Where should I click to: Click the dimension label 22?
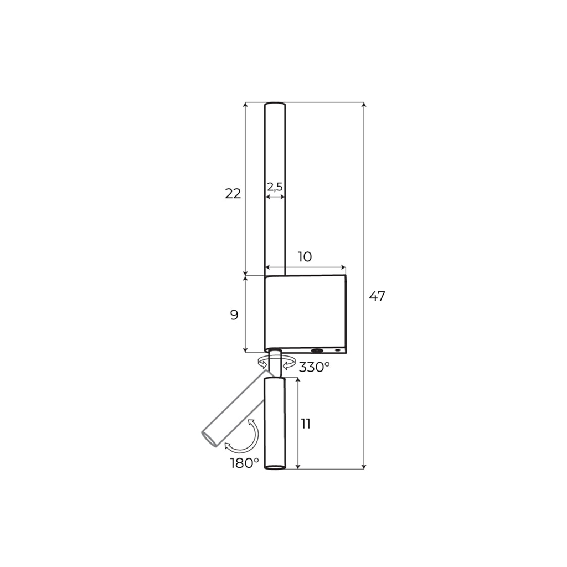tap(233, 194)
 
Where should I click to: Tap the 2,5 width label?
tap(275, 187)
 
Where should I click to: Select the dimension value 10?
tap(305, 257)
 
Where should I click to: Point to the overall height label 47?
tap(377, 296)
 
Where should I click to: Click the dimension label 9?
tap(234, 315)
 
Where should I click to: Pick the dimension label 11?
tap(306, 424)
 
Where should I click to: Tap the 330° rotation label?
tap(315, 367)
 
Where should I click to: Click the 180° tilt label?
tap(244, 463)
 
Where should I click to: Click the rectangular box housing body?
tap(306, 314)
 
